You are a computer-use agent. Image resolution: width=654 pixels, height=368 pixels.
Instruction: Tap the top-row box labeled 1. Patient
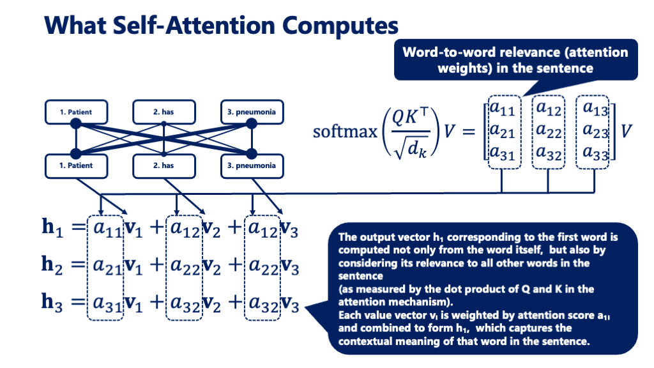(76, 112)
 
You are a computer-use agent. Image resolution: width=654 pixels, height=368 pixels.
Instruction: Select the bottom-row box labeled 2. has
(163, 165)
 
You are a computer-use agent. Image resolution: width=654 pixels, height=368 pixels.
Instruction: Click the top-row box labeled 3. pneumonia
(251, 112)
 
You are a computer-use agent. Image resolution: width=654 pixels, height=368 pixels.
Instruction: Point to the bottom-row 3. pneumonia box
(251, 165)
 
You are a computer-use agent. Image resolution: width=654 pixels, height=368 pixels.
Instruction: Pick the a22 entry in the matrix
(549, 131)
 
